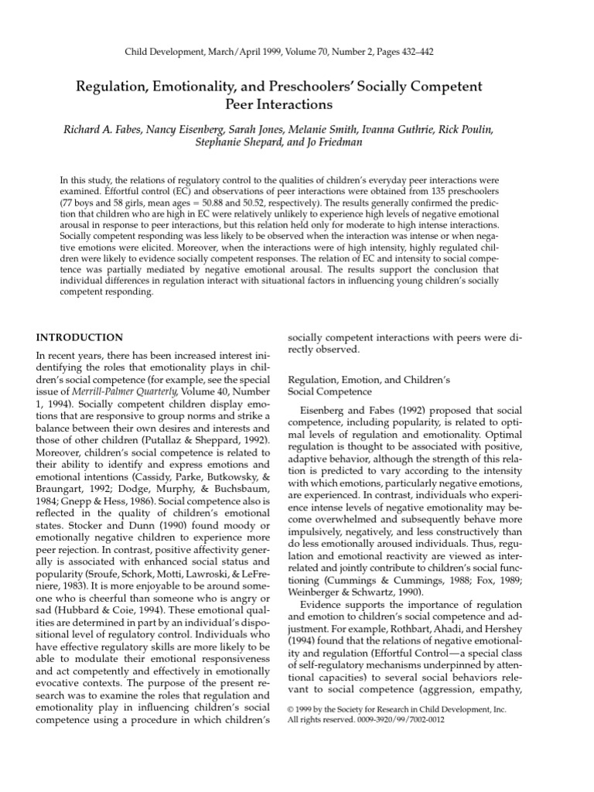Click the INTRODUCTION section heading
tap(80, 337)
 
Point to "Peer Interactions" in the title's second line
tap(297, 103)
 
